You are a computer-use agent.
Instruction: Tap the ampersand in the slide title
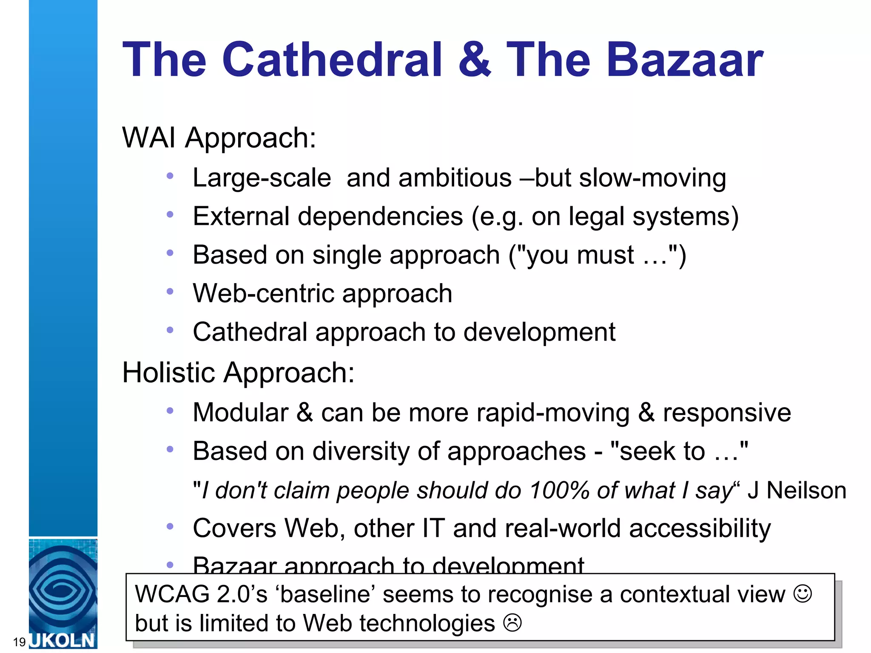coord(475,60)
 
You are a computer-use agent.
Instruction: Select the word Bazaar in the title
coord(685,60)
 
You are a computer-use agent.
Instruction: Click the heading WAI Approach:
coord(219,138)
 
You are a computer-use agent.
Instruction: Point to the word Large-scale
coord(262,178)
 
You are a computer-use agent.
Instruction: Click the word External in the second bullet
coord(241,216)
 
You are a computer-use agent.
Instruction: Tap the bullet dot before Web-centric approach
coord(170,292)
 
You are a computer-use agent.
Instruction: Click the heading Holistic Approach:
coord(238,373)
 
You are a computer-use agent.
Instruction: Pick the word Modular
coord(241,412)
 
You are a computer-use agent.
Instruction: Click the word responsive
coord(727,413)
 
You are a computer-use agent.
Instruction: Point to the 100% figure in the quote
coord(559,490)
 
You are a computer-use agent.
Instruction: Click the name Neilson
coord(806,490)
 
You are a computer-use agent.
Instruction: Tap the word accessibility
coord(700,528)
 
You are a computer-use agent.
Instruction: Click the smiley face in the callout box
coord(803,593)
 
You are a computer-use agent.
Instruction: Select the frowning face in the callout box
coord(512,623)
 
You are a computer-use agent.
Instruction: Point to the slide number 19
coord(20,642)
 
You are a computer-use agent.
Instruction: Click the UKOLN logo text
coord(63,640)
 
